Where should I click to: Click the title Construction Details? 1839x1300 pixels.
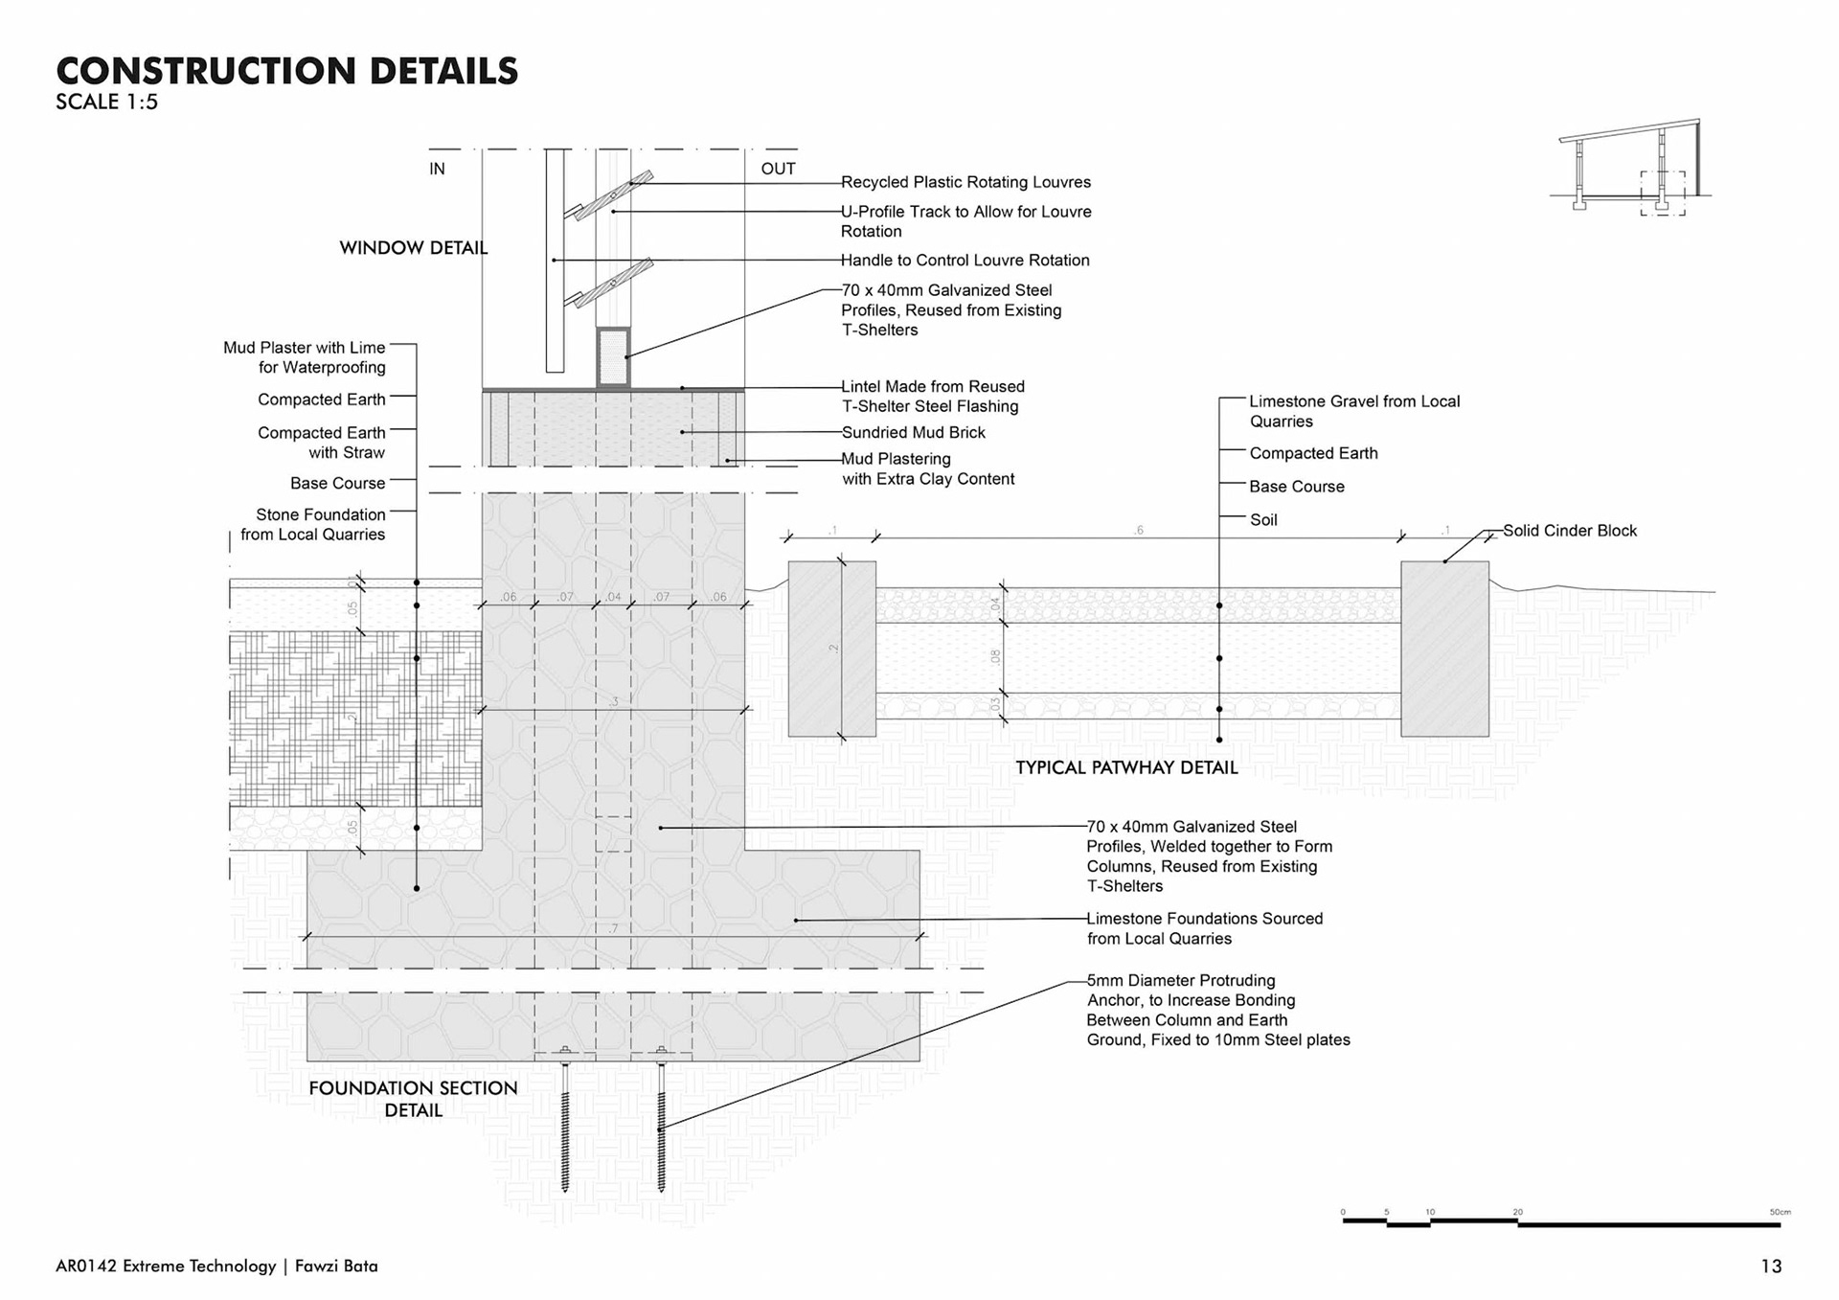click(287, 71)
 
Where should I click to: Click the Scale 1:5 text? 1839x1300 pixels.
click(106, 103)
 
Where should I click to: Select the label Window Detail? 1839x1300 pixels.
click(413, 248)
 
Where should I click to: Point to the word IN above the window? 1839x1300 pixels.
click(437, 170)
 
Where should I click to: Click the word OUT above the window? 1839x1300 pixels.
click(778, 170)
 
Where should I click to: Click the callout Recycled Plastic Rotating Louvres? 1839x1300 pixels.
click(965, 182)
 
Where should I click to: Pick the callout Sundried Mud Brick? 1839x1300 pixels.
click(913, 433)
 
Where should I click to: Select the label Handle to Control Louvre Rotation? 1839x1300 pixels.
click(965, 261)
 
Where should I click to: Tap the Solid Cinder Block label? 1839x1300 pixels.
click(1569, 531)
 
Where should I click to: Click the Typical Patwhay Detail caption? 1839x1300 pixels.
click(1126, 767)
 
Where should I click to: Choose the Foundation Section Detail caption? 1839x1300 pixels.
click(413, 1099)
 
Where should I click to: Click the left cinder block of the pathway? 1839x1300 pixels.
click(831, 649)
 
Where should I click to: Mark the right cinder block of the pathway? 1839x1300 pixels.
click(1444, 649)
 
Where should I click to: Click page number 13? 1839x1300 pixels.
click(1771, 1266)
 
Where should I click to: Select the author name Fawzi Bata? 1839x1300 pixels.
click(336, 1266)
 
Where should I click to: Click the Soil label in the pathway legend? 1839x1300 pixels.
click(1263, 520)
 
